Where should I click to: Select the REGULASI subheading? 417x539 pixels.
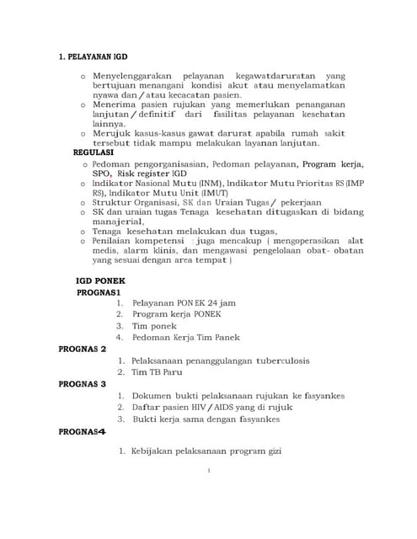(94, 152)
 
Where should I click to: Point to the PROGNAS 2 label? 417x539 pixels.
(83, 349)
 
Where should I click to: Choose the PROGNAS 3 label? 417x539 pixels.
(83, 383)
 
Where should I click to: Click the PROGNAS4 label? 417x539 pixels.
(83, 430)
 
